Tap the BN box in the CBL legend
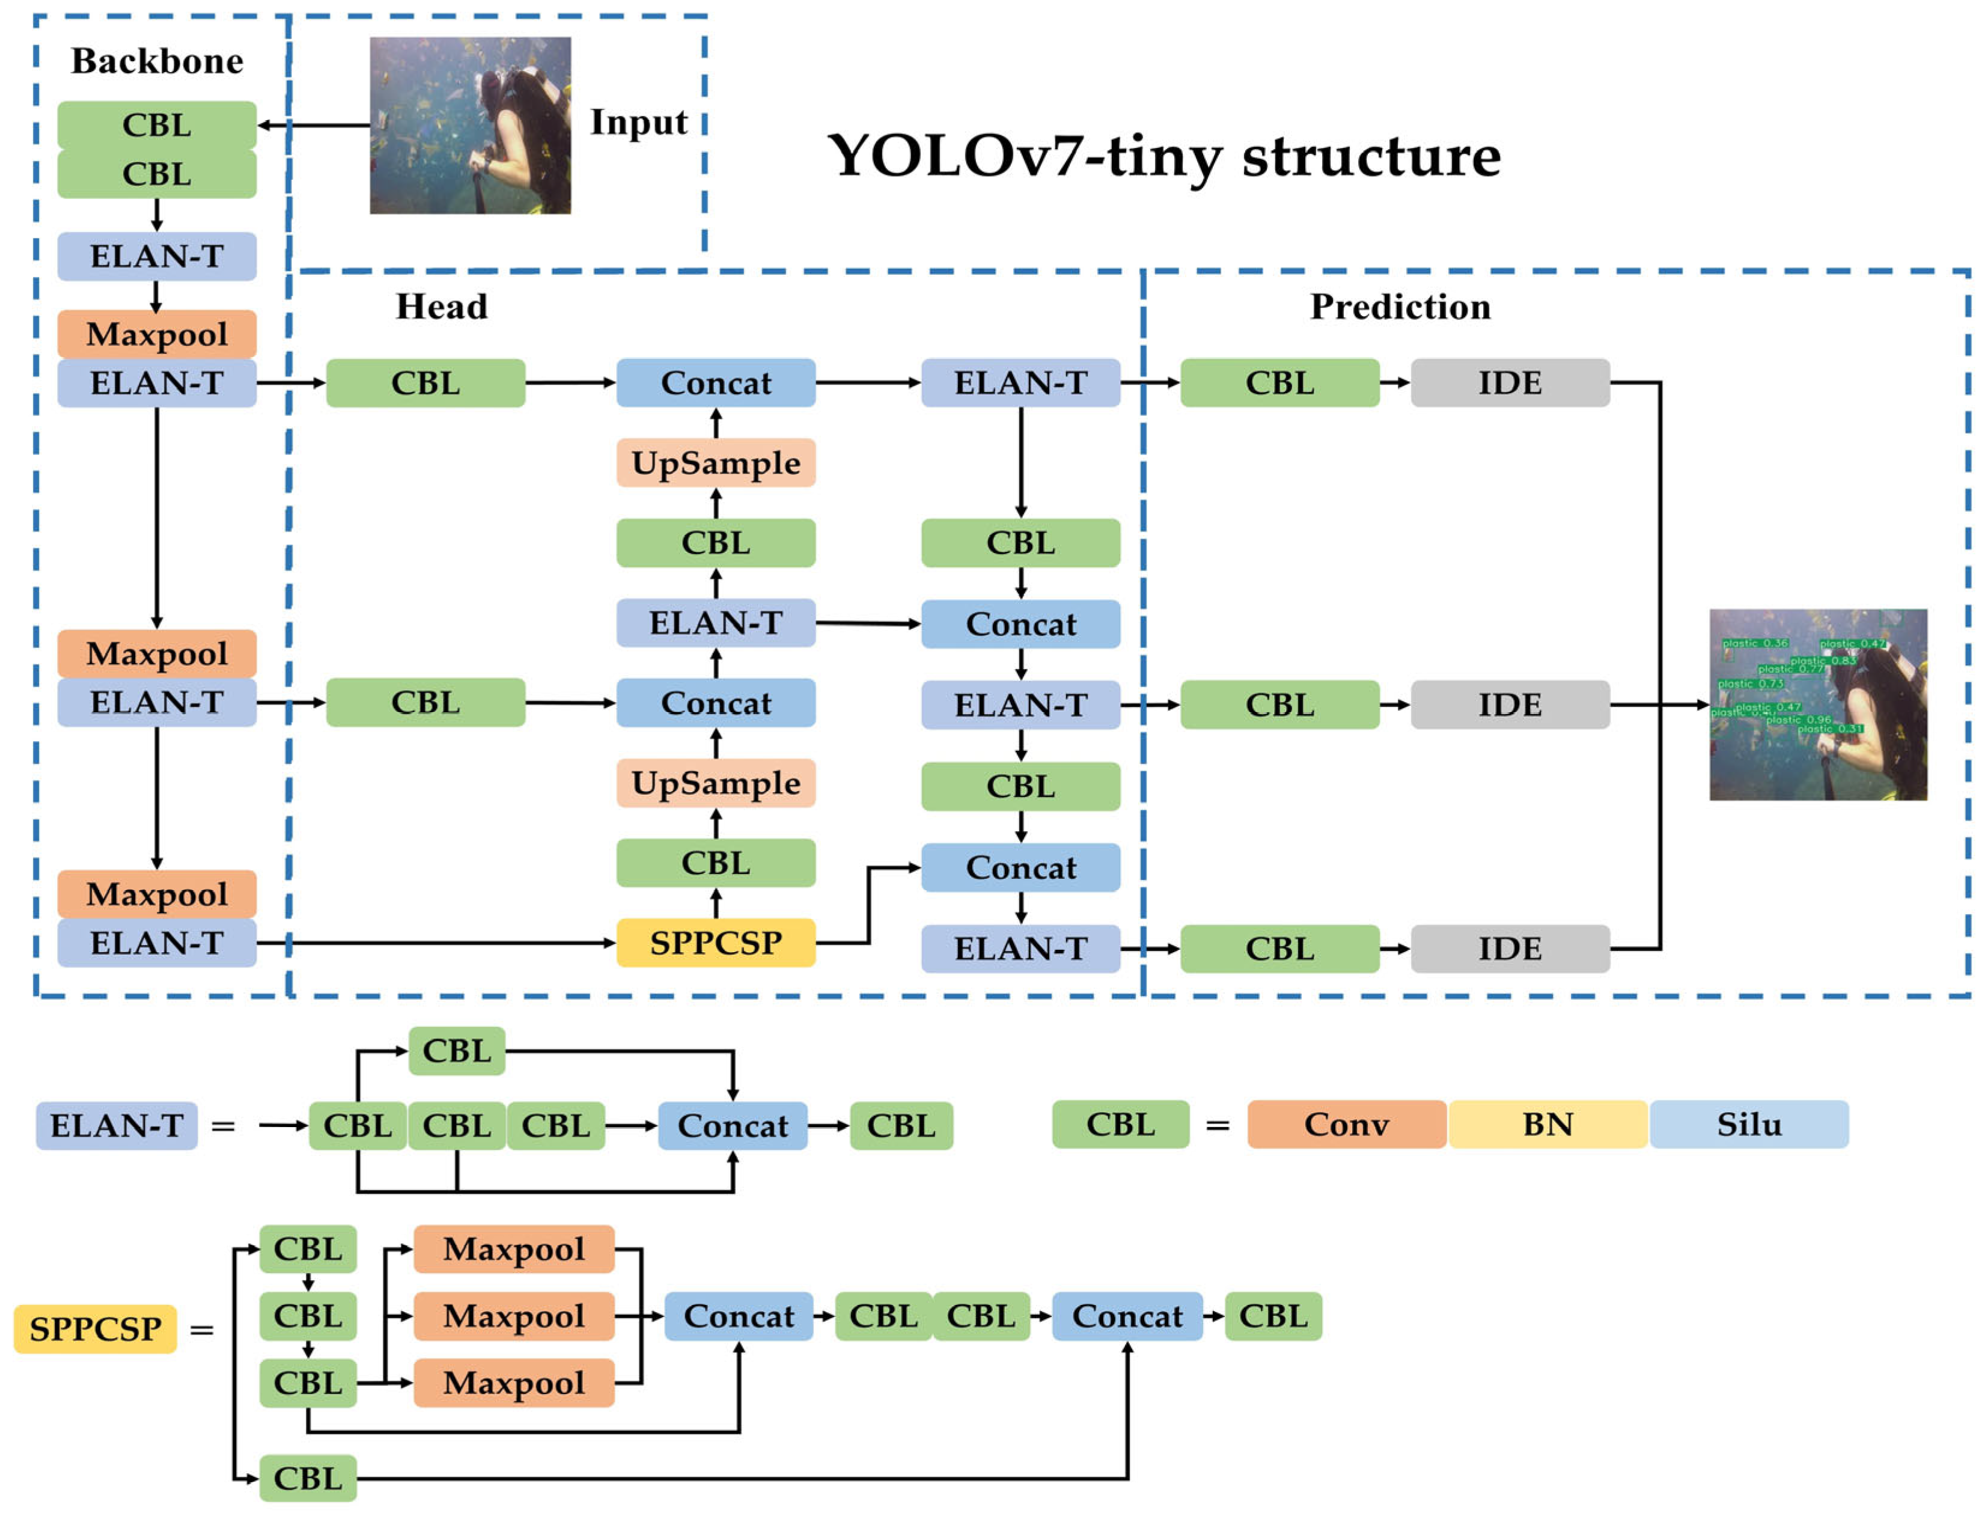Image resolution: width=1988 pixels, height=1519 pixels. [1547, 1124]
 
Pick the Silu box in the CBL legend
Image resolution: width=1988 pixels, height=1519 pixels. [1748, 1124]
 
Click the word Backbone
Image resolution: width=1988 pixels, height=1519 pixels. [157, 61]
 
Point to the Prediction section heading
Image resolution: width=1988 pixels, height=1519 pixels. [1400, 307]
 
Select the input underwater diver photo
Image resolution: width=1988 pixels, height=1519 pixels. [470, 125]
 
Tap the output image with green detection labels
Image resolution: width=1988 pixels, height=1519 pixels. [1817, 704]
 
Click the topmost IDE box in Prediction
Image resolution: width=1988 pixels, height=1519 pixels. [1509, 382]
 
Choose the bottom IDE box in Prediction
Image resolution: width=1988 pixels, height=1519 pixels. [1509, 949]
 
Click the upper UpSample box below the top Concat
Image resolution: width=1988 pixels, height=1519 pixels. [715, 463]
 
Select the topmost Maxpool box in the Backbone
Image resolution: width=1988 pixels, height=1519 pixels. [157, 334]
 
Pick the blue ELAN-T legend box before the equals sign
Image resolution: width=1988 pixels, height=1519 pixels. [117, 1126]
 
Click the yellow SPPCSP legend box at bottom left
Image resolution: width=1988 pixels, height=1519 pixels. [95, 1328]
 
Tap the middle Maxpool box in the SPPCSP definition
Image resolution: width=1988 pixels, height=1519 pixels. [513, 1316]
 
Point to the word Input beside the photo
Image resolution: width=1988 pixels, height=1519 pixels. [638, 122]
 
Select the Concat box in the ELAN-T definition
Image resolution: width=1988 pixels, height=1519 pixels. [732, 1126]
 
